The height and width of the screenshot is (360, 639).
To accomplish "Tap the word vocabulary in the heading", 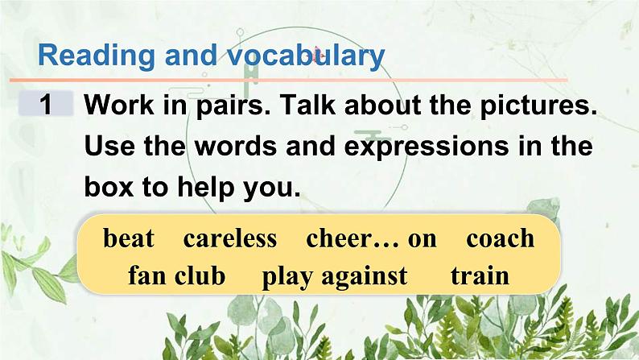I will (305, 56).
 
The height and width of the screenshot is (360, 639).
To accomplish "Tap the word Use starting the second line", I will (111, 147).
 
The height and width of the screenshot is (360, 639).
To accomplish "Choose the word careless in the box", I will (229, 238).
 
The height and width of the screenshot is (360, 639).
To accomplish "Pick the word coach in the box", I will (500, 238).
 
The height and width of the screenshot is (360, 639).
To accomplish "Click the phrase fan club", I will (176, 276).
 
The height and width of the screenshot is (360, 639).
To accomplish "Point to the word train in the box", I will (480, 276).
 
